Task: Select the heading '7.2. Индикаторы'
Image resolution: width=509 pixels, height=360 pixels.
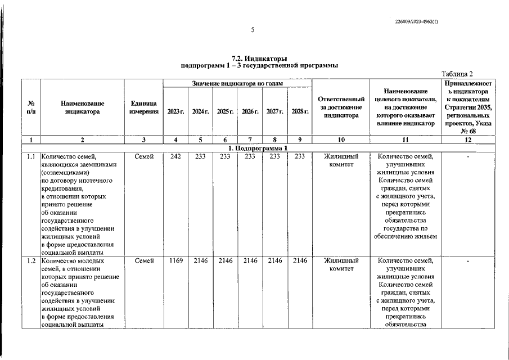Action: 259,58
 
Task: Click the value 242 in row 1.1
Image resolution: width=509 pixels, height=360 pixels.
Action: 175,156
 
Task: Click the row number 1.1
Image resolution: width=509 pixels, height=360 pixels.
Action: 31,156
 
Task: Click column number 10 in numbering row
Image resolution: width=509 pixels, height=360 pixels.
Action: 341,139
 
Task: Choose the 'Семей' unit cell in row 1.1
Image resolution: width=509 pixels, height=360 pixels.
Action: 143,156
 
